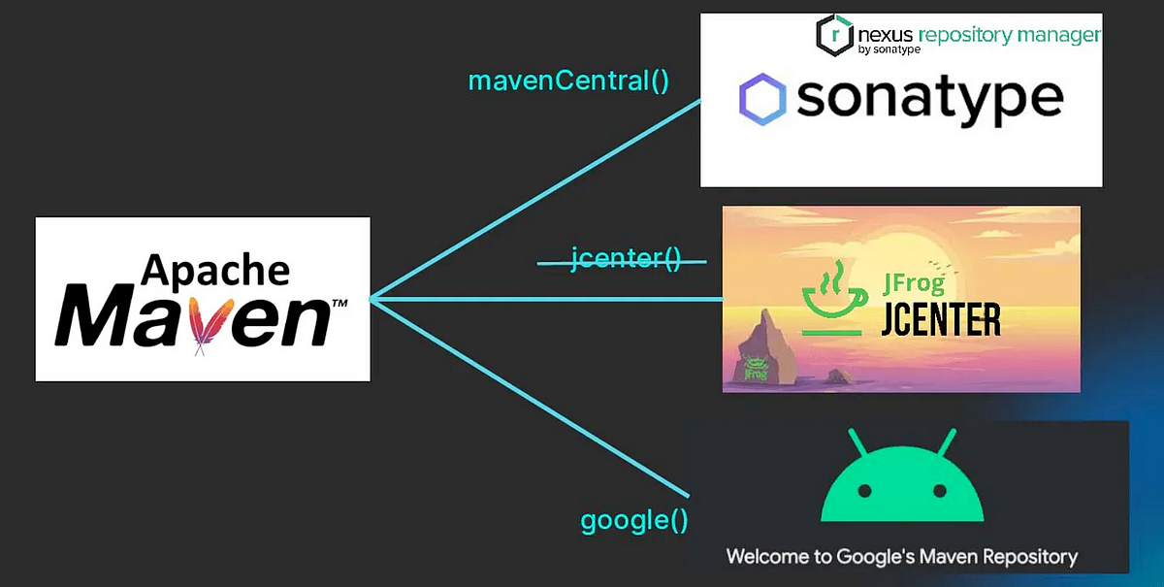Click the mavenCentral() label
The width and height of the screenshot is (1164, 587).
click(x=568, y=82)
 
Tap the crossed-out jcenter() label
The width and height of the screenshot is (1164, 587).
click(x=626, y=259)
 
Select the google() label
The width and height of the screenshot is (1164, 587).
click(x=634, y=521)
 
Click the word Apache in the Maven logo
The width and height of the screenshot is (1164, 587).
click(x=215, y=271)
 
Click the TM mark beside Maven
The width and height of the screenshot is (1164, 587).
click(x=339, y=303)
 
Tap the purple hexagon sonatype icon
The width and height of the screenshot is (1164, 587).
click(x=762, y=99)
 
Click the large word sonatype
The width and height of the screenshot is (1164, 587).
click(x=930, y=100)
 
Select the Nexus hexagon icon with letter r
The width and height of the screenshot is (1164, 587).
click(x=834, y=35)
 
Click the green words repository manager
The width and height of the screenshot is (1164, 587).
click(x=1009, y=35)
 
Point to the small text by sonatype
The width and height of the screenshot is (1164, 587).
click(x=889, y=49)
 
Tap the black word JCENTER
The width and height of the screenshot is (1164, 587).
click(x=941, y=320)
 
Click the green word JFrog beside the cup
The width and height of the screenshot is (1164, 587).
click(x=913, y=283)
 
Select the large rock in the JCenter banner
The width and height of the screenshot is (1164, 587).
click(x=765, y=347)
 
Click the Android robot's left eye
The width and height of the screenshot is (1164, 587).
click(x=864, y=491)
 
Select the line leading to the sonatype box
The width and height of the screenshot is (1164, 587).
click(x=535, y=200)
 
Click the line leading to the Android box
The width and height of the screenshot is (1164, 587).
click(x=530, y=398)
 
